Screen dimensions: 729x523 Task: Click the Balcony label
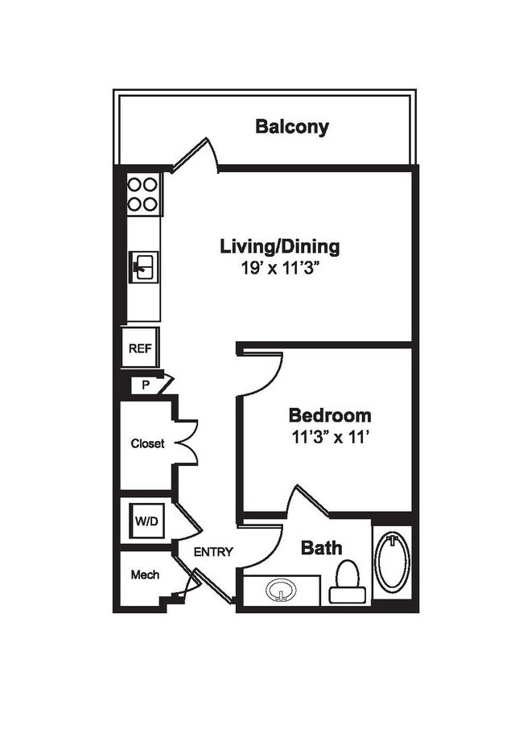(x=292, y=126)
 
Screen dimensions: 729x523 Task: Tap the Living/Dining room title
(x=280, y=246)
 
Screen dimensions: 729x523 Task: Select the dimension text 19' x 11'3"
(x=280, y=269)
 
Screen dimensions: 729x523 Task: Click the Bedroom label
(x=330, y=416)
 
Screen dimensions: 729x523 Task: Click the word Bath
(x=321, y=548)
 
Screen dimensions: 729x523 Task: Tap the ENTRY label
(x=213, y=552)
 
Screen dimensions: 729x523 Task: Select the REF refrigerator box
(x=140, y=349)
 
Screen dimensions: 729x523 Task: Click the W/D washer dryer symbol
(x=146, y=521)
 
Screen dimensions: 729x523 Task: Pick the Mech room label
(x=145, y=575)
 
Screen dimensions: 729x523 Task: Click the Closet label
(x=147, y=443)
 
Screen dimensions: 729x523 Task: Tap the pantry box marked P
(x=146, y=385)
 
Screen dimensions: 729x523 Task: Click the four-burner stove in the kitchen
(x=143, y=194)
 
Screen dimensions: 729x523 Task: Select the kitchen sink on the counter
(x=146, y=266)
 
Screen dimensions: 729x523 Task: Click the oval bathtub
(x=393, y=562)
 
